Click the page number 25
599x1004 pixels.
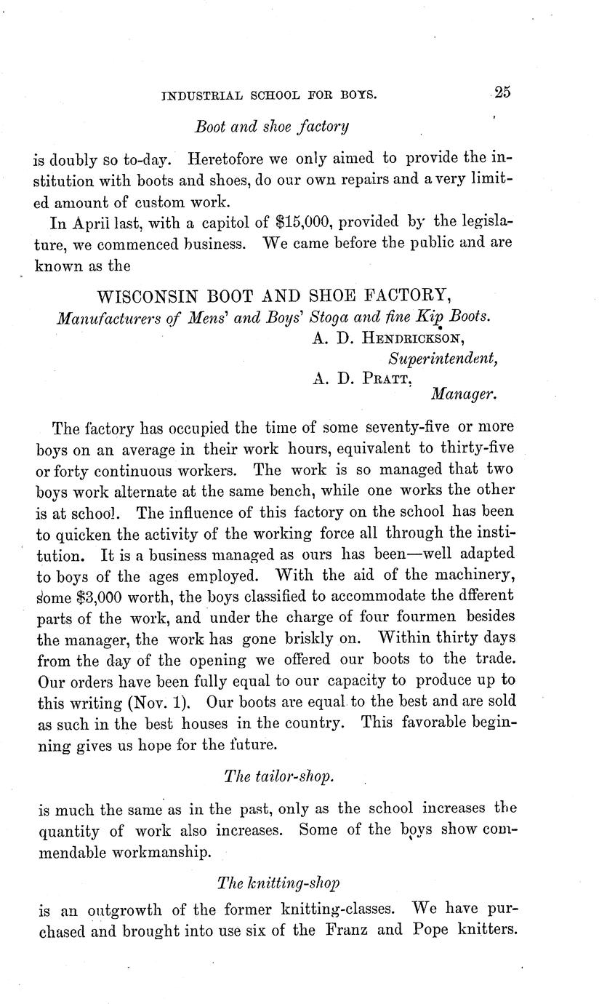coord(502,92)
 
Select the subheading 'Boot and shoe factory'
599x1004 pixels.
coord(272,127)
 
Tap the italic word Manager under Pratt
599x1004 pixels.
coord(464,396)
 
